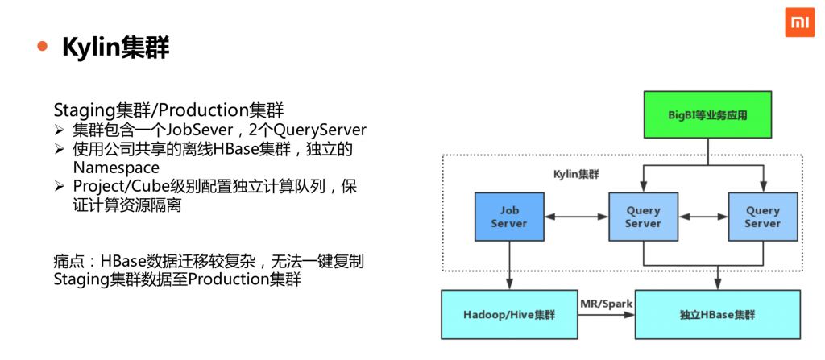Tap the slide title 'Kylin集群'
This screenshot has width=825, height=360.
pyautogui.click(x=115, y=48)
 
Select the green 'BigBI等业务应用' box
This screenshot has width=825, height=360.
pyautogui.click(x=707, y=115)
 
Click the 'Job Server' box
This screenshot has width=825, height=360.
pyautogui.click(x=508, y=217)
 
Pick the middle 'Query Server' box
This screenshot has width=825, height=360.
pyautogui.click(x=642, y=217)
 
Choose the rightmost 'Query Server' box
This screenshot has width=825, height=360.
pyautogui.click(x=762, y=217)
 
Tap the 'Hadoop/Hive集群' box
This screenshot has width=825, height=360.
pyautogui.click(x=509, y=314)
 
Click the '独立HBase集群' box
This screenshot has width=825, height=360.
pyautogui.click(x=717, y=314)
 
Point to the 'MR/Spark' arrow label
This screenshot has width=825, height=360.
pyautogui.click(x=607, y=302)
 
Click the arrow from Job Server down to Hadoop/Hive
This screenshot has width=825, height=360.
pyautogui.click(x=509, y=265)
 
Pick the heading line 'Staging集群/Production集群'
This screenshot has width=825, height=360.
pyautogui.click(x=168, y=110)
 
